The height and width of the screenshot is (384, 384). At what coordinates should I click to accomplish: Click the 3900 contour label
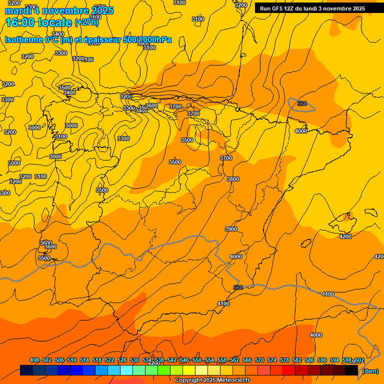tap(231, 229)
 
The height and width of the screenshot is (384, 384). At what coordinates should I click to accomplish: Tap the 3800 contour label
tap(233, 179)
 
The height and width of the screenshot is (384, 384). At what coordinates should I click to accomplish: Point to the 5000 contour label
tap(14, 163)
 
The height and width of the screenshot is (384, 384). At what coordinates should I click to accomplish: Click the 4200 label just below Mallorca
tap(345, 236)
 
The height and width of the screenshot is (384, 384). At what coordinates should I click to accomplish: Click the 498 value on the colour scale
tap(34, 360)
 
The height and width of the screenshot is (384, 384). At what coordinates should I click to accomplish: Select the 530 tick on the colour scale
tap(134, 360)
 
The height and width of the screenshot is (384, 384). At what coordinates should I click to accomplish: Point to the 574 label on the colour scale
tap(272, 360)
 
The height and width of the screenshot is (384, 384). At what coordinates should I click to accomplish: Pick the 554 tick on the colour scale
tap(209, 360)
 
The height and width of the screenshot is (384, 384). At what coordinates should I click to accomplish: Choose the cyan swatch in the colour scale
tap(126, 370)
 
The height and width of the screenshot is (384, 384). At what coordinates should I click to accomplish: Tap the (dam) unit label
tap(370, 371)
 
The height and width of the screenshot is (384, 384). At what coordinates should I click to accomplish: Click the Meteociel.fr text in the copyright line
tap(232, 380)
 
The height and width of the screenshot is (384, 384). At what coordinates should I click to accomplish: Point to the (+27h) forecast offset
tap(86, 22)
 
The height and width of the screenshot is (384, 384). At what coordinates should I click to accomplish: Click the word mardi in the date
tap(16, 10)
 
